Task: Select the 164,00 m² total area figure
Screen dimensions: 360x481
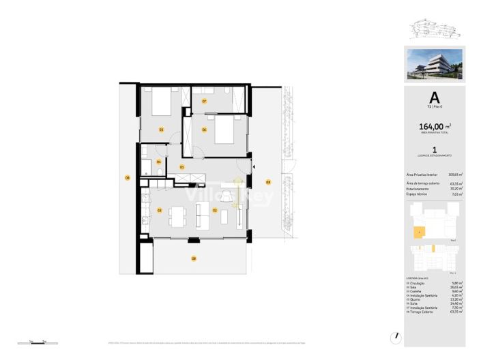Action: (434, 126)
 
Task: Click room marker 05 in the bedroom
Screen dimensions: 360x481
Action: (162, 129)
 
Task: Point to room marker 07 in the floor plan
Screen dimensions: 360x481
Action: (204, 102)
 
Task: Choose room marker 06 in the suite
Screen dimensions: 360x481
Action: (204, 129)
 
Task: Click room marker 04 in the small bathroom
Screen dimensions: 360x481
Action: (159, 162)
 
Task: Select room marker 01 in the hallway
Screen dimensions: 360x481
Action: (182, 166)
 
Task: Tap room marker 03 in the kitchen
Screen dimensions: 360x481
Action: (159, 211)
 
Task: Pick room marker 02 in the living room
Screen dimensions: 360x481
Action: (214, 211)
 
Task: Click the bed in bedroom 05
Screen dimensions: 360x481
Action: (162, 104)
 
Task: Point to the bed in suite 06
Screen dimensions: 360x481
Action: (226, 129)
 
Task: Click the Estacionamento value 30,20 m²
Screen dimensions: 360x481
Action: (456, 189)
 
